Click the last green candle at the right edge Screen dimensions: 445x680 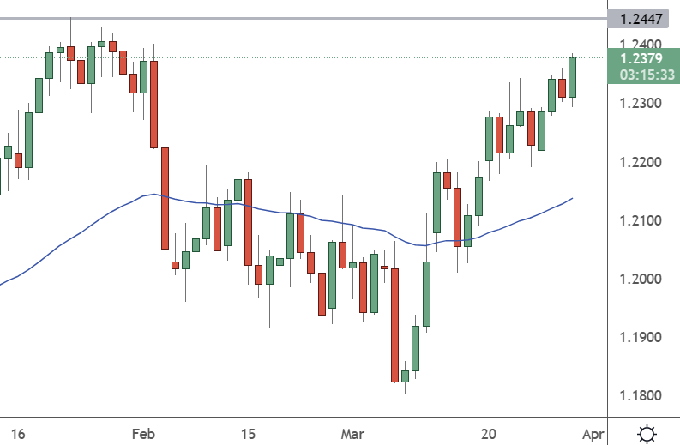click(573, 77)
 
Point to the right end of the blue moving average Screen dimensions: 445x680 click(572, 198)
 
